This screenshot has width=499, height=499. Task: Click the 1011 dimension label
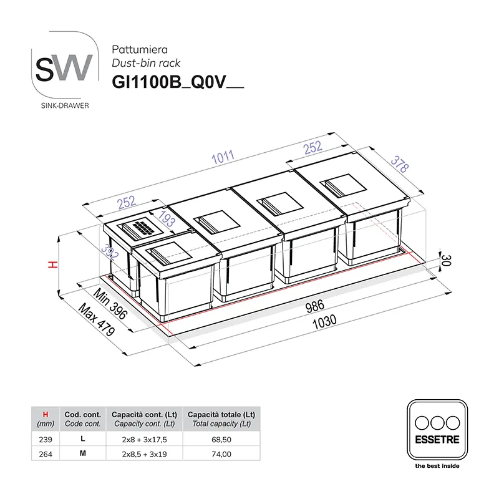[x=223, y=157]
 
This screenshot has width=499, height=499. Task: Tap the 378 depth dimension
[x=400, y=164]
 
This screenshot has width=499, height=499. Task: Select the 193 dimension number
[x=167, y=219]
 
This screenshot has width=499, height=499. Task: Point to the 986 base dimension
[x=315, y=306]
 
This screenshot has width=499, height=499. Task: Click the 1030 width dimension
[x=324, y=322]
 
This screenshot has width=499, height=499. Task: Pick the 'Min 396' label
[x=110, y=304]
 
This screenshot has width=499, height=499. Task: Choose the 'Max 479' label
[x=97, y=319]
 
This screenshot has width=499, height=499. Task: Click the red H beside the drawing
[x=53, y=264]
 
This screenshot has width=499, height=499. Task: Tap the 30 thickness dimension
[x=447, y=260]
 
